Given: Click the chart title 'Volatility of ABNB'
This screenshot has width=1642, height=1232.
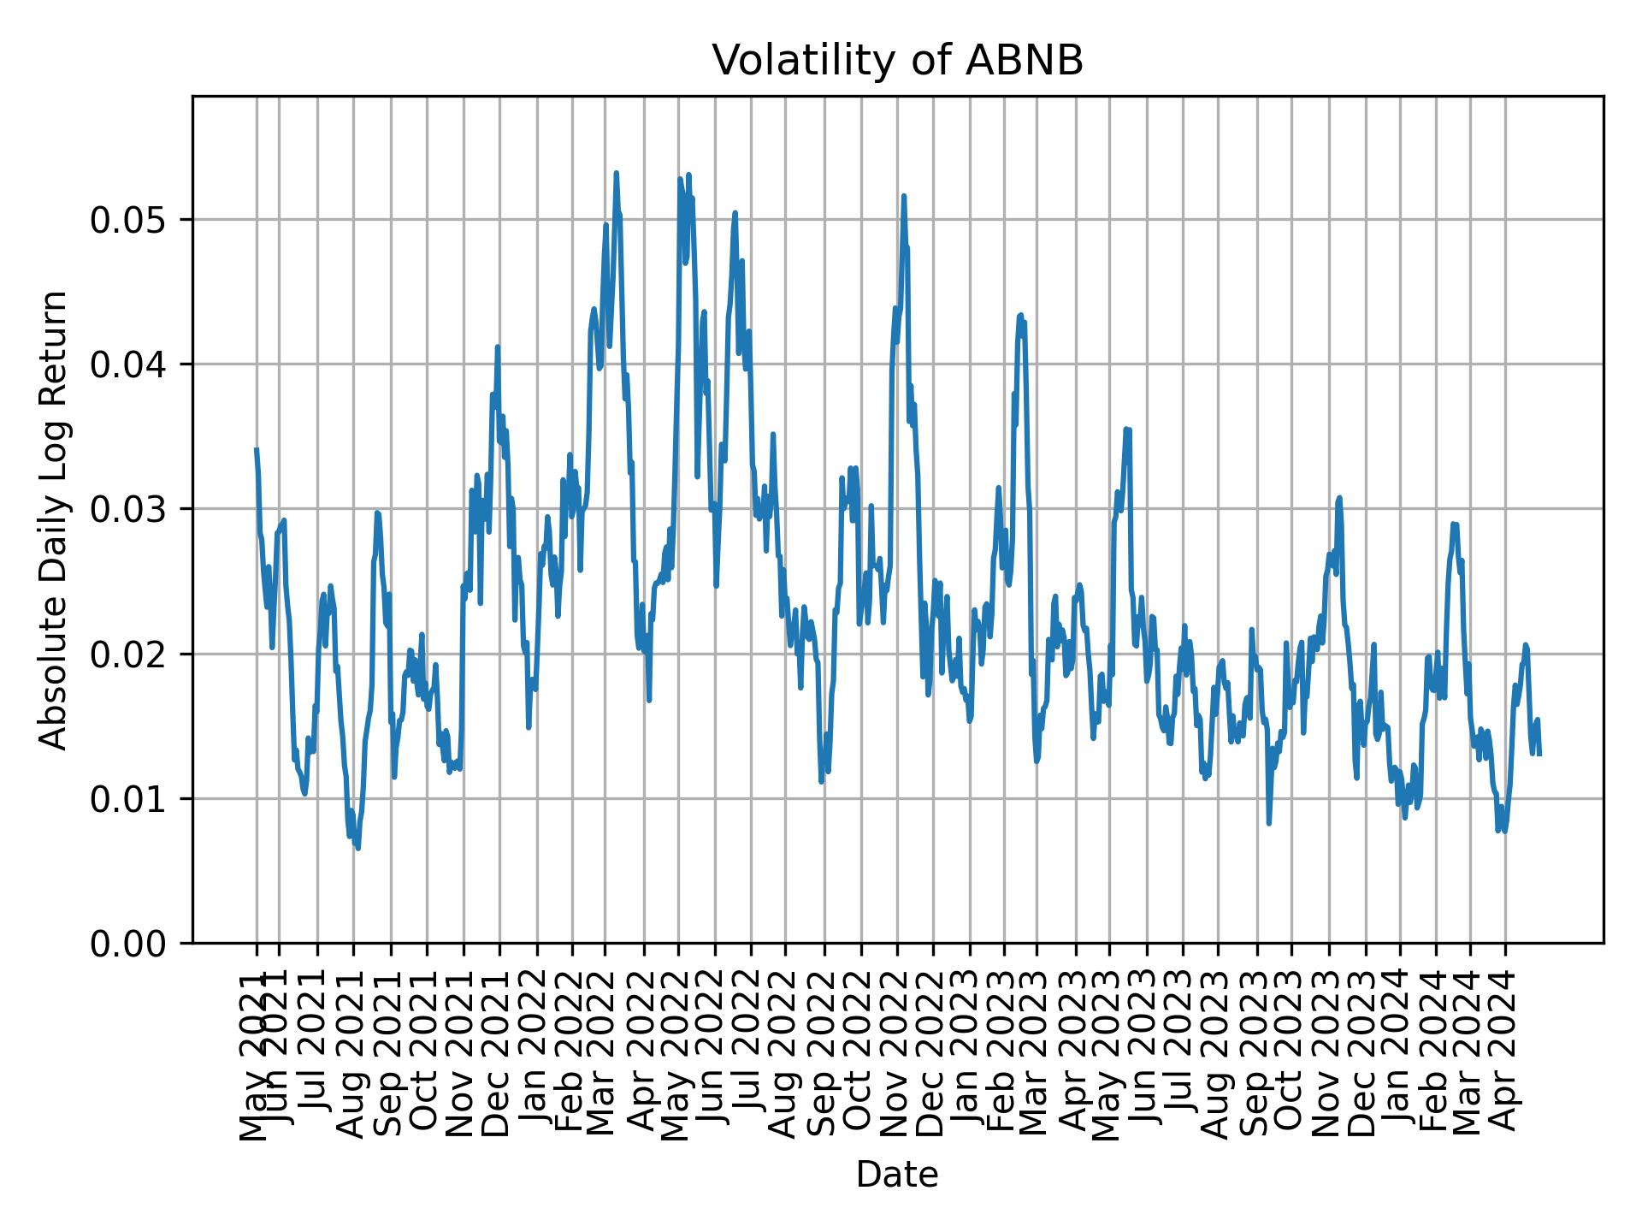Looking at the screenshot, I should [897, 61].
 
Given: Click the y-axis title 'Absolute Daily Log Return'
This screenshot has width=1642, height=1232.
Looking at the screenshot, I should [55, 519].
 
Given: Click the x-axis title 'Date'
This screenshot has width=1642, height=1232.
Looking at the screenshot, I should [897, 1176].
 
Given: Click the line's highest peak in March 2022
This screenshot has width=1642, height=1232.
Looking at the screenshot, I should [616, 173].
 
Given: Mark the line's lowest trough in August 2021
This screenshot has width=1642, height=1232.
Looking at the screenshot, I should [358, 848].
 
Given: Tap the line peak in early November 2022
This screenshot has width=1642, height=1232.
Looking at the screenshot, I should [903, 196].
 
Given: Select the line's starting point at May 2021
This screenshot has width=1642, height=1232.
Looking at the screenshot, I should [257, 449].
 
